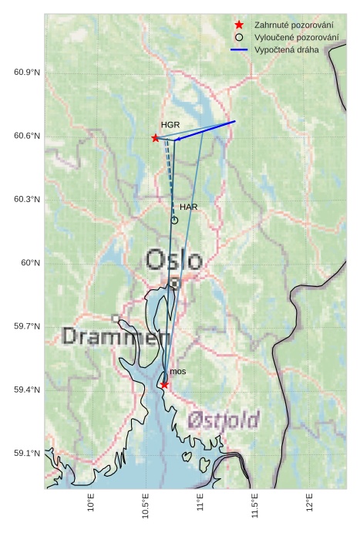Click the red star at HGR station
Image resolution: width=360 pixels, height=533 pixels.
tap(156, 138)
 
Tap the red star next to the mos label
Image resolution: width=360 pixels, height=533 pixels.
tap(164, 384)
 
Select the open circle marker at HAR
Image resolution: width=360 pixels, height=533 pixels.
tap(174, 220)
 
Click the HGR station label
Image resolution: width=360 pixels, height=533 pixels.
tap(170, 124)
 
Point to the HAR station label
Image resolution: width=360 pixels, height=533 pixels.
tap(189, 207)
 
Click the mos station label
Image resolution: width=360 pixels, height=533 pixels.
tap(177, 372)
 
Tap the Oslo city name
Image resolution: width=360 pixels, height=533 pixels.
tap(174, 260)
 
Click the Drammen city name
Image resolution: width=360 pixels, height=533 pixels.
tap(116, 336)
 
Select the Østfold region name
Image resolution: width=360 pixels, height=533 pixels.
tap(224, 420)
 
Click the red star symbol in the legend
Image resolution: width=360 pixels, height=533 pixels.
tap(240, 25)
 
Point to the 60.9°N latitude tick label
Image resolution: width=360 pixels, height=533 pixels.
tap(27, 73)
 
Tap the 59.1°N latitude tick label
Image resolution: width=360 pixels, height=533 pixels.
tap(27, 454)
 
